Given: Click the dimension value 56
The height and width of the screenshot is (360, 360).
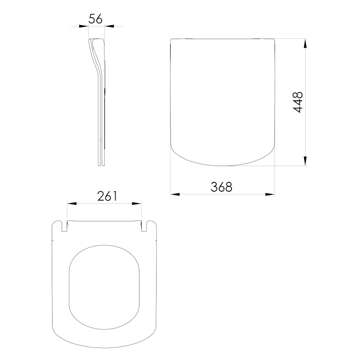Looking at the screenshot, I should [96, 18].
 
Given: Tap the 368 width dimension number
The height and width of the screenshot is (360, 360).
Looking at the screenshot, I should [221, 187].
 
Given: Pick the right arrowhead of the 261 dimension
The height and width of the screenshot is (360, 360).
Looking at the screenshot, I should [137, 204].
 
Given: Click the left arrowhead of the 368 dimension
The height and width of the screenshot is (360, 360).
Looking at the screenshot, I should [175, 194].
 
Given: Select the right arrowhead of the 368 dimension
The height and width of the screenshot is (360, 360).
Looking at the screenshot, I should [270, 194].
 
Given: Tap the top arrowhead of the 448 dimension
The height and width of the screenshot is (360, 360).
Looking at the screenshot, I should [306, 45].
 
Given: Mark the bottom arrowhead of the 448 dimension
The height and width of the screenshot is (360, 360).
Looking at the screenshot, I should [306, 161].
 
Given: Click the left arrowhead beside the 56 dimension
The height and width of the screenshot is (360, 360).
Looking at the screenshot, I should [84, 27].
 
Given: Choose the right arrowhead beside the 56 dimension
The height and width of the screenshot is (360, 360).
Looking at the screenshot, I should [109, 27].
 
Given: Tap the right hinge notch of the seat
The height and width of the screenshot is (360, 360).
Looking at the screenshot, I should [144, 227].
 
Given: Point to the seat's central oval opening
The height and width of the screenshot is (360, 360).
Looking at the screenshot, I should [104, 283].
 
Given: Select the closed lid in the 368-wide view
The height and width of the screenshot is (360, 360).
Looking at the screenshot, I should [223, 99].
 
